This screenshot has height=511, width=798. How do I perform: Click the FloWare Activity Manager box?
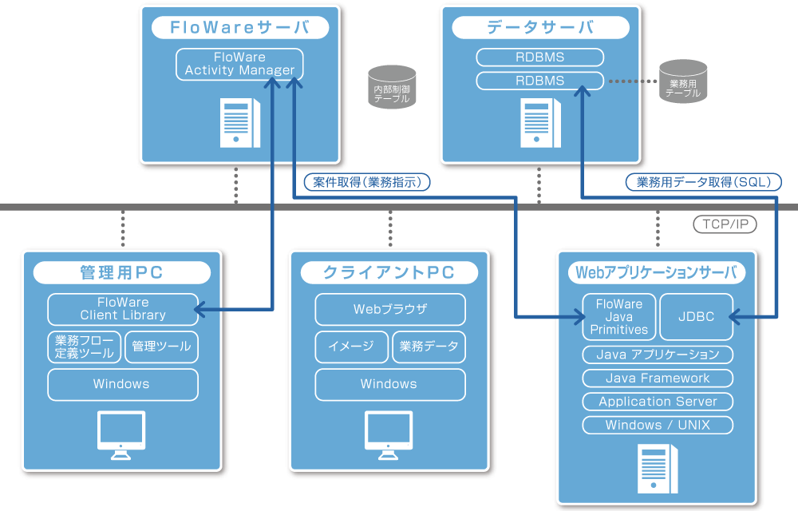pyautogui.click(x=239, y=64)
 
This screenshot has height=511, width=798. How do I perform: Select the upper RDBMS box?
pyautogui.click(x=539, y=57)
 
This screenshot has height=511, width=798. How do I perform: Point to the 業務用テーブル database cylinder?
pyautogui.click(x=683, y=81)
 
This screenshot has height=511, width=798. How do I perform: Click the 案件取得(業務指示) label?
pyautogui.click(x=367, y=182)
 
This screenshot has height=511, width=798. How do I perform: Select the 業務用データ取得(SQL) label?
pyautogui.click(x=703, y=182)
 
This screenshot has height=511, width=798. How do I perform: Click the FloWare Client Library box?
pyautogui.click(x=123, y=309)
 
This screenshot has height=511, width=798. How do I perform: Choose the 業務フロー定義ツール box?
pyautogui.click(x=84, y=347)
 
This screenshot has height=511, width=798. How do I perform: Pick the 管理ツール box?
pyautogui.click(x=162, y=347)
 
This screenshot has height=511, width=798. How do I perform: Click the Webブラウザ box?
pyautogui.click(x=390, y=309)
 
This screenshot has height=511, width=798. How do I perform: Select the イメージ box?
pyautogui.click(x=350, y=347)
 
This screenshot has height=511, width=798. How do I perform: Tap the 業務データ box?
pyautogui.click(x=429, y=347)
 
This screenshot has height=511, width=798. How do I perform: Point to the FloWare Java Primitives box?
pyautogui.click(x=618, y=316)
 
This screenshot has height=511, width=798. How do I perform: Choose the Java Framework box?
pyautogui.click(x=658, y=378)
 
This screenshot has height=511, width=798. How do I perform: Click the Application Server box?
pyautogui.click(x=658, y=402)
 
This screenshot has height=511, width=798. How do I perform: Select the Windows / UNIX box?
pyautogui.click(x=658, y=425)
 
